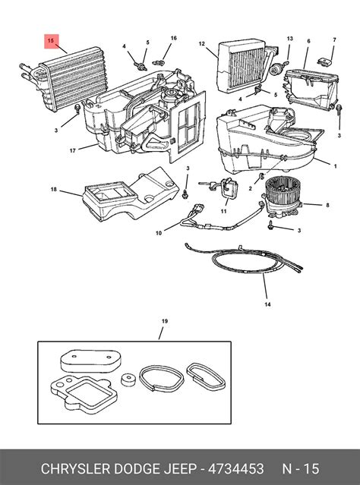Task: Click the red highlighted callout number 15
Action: [x=51, y=41]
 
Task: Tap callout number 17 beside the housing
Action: [x=73, y=151]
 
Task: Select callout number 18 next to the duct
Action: [x=54, y=189]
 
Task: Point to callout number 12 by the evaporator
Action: [x=202, y=44]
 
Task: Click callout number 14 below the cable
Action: [x=268, y=304]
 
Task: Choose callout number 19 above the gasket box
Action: [x=165, y=321]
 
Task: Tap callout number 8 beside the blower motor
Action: [x=327, y=205]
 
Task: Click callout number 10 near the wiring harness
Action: [x=159, y=233]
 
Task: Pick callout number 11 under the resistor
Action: [x=224, y=211]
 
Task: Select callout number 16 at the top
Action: [x=174, y=38]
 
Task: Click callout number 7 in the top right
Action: [x=334, y=40]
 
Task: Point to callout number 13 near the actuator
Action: [x=289, y=39]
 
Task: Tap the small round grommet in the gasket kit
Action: [x=127, y=379]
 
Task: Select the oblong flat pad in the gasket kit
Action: [x=90, y=361]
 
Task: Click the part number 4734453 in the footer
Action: [x=236, y=468]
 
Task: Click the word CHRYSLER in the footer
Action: [x=76, y=468]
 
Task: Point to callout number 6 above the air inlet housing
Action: [x=308, y=41]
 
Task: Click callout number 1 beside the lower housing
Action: [x=335, y=166]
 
